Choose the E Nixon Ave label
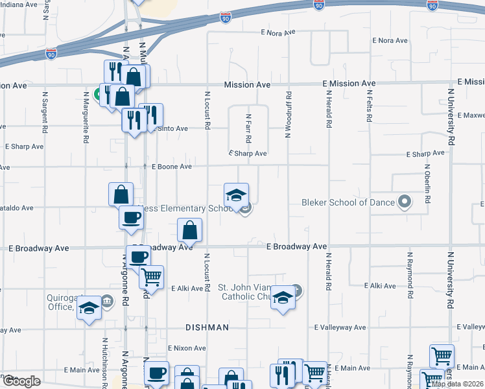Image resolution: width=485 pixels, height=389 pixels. pos(187,348)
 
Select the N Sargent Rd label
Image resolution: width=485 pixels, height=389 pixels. pos(45,112)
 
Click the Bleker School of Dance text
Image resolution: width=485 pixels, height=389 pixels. pos(348,203)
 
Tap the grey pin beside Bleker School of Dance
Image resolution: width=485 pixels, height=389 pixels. pos(405,202)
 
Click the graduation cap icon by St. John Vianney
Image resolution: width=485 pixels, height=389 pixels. pos(282,298)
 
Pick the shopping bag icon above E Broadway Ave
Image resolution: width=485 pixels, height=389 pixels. pos(189,230)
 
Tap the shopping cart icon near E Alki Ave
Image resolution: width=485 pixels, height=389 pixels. pos(151,277)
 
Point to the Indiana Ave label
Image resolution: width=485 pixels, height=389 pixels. pos(19,4)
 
